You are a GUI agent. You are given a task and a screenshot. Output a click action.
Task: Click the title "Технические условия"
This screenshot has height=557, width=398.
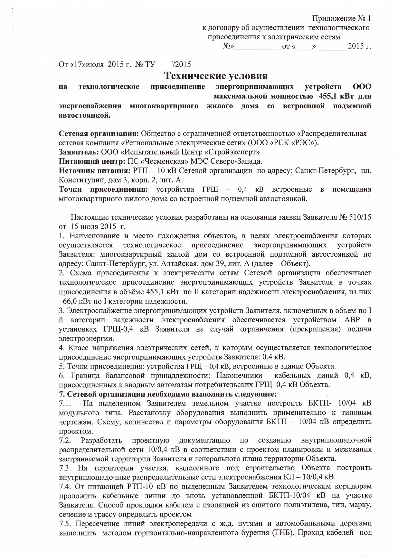point(216,76)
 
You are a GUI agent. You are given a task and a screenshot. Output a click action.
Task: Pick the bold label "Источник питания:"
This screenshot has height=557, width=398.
point(94,171)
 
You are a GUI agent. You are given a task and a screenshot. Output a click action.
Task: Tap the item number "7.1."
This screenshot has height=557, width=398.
point(66,403)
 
